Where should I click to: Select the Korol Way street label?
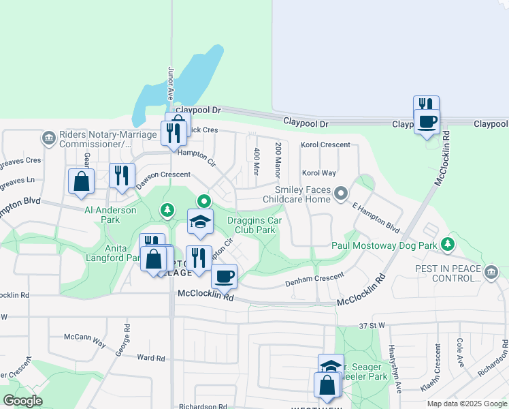coord(319,173)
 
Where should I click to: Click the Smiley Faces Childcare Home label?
coord(302,195)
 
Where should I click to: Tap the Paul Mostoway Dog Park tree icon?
coord(447,243)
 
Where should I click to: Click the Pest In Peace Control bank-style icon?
coord(491,273)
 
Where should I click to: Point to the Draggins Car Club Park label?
coord(255,226)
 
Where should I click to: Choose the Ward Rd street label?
coord(151,357)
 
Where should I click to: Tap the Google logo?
coord(22,401)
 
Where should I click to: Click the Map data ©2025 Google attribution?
coord(467,404)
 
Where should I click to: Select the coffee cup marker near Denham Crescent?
coord(224,276)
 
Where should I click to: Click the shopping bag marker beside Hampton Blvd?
coord(81,182)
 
